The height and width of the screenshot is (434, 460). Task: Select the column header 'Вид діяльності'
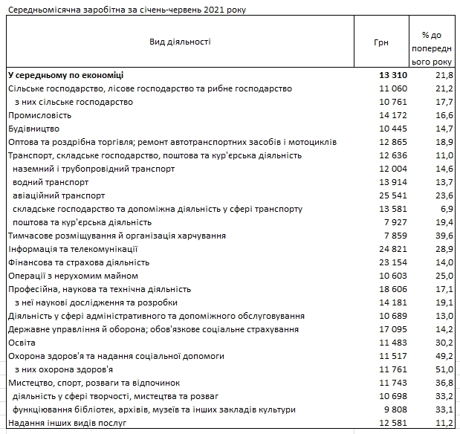(180, 42)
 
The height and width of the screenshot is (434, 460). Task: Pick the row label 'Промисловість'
(39, 115)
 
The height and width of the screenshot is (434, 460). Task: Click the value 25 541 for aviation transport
(390, 195)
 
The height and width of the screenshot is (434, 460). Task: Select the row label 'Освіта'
(22, 343)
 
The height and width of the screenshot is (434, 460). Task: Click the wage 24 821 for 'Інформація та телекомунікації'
(390, 249)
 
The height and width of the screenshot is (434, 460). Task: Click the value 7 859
(393, 236)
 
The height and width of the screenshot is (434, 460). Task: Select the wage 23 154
(390, 262)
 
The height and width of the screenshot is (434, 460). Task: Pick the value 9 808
(393, 409)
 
